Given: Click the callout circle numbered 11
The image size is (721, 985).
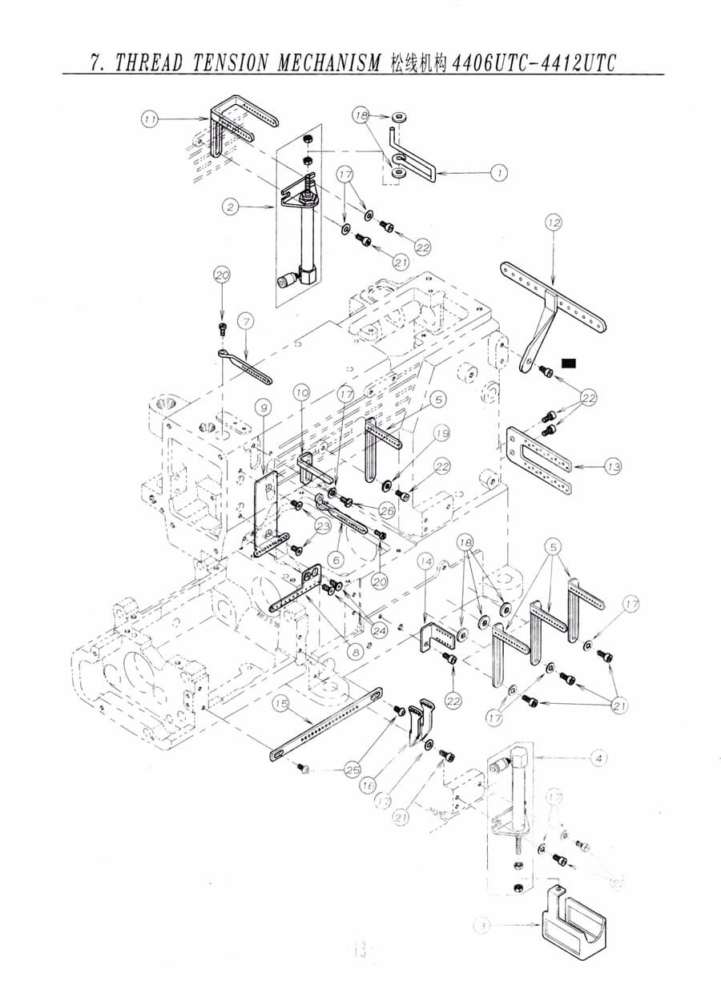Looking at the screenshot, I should pyautogui.click(x=150, y=119).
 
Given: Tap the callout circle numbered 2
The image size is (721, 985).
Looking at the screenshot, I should pyautogui.click(x=231, y=207).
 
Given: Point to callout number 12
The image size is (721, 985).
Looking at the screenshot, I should pyautogui.click(x=554, y=223).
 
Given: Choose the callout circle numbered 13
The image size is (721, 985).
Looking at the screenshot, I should pyautogui.click(x=614, y=465).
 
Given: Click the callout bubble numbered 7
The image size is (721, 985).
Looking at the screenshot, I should pyautogui.click(x=246, y=322).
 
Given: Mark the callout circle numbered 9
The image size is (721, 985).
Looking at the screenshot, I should pyautogui.click(x=261, y=407).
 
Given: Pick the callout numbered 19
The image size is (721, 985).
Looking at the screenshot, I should pyautogui.click(x=442, y=435).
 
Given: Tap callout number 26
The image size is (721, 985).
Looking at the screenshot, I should pyautogui.click(x=388, y=509).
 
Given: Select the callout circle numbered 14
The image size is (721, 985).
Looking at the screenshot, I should pyautogui.click(x=425, y=563).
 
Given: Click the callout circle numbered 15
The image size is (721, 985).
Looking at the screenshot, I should pyautogui.click(x=280, y=703).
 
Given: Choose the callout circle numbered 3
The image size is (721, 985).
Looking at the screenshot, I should pyautogui.click(x=481, y=927).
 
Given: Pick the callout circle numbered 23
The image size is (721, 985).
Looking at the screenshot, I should pyautogui.click(x=322, y=525).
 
